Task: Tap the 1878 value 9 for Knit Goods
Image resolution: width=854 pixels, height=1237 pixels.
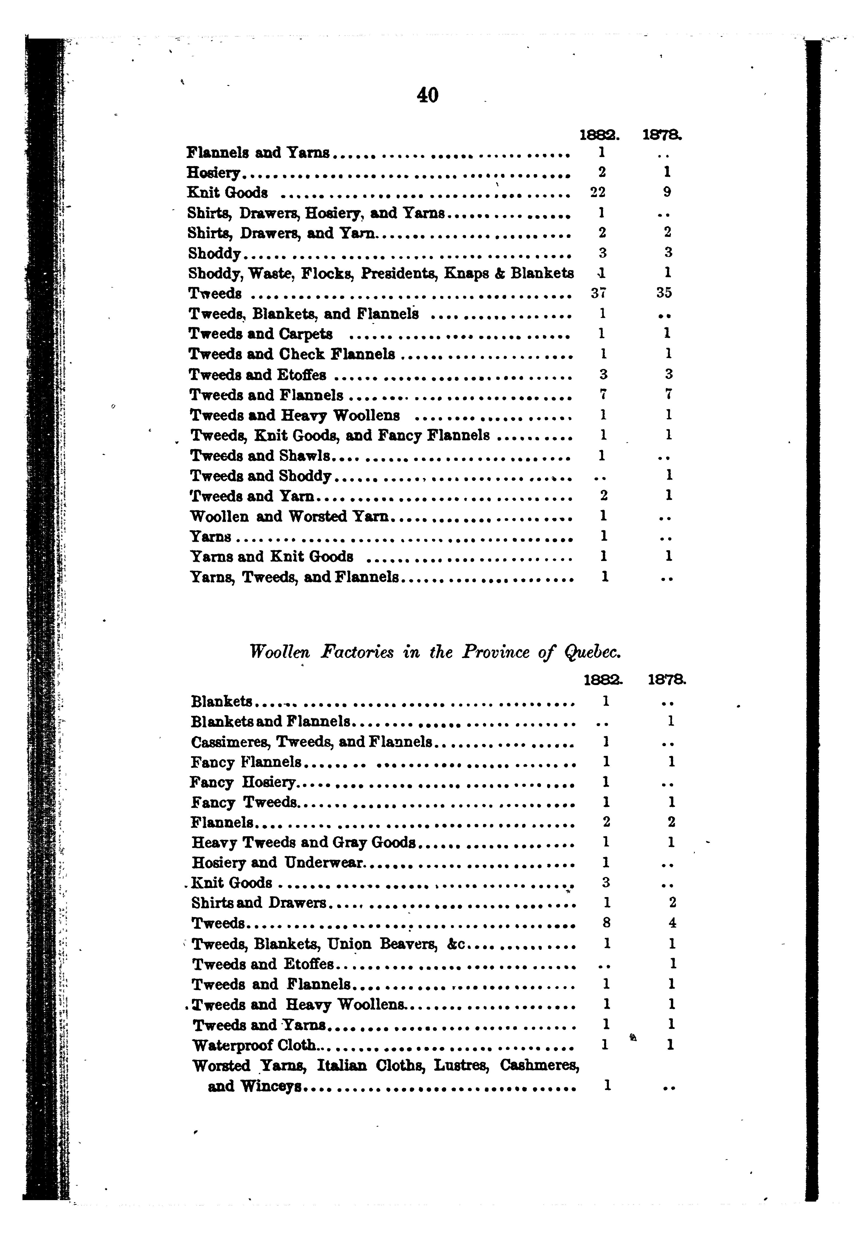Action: [667, 192]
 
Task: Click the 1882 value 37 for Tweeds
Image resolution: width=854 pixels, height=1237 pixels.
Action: [599, 293]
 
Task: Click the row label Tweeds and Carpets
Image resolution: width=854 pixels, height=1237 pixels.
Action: [260, 334]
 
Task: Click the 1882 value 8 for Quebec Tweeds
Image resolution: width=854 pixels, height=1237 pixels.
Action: [606, 923]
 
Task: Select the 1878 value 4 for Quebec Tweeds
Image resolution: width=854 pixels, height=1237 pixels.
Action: [672, 923]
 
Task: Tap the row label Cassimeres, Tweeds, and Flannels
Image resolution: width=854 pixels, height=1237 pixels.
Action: [312, 742]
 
